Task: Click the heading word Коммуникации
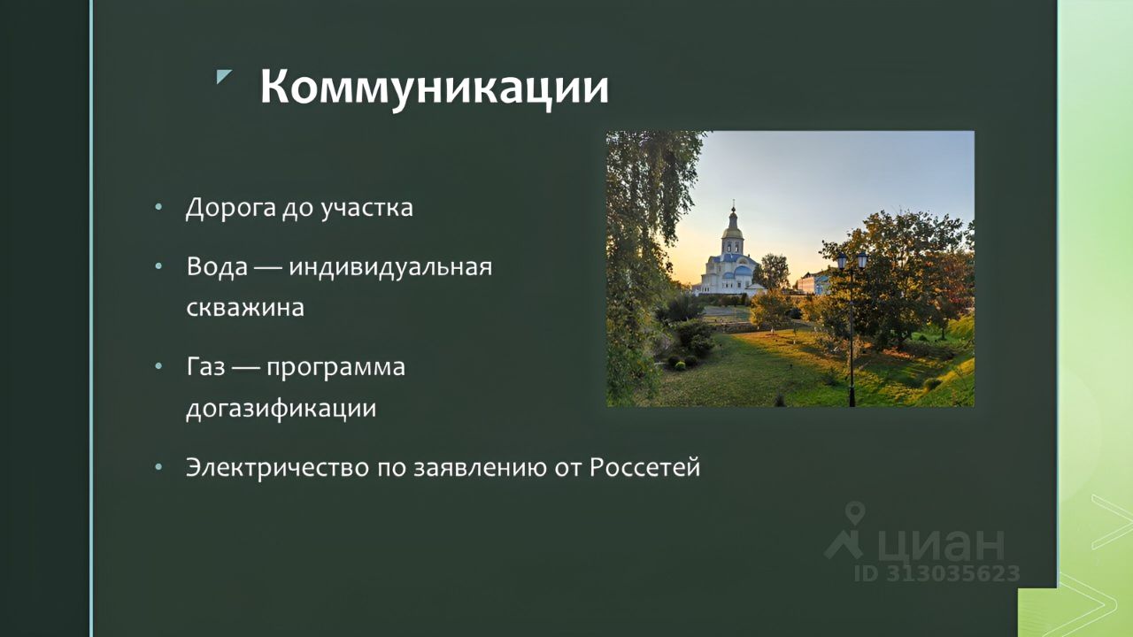(435, 87)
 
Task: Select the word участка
(367, 208)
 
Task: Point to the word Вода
(217, 266)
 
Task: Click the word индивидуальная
(390, 267)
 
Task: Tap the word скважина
(245, 307)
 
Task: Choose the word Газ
(205, 366)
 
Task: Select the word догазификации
(281, 409)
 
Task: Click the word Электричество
(278, 468)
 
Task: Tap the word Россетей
(645, 466)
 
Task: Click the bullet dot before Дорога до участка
(158, 207)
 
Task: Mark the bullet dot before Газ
(158, 366)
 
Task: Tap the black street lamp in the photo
(852, 328)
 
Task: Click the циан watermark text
(941, 544)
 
